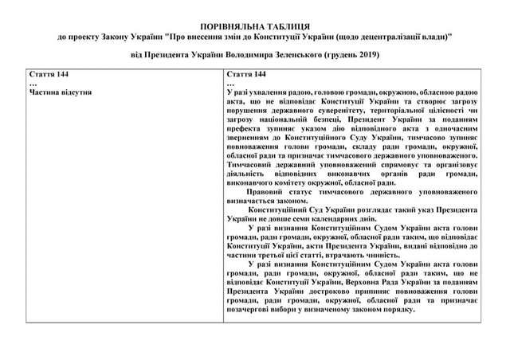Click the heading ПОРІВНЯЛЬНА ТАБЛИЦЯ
click(255, 27)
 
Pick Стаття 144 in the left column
click(46, 74)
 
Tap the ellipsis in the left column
click(33, 83)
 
